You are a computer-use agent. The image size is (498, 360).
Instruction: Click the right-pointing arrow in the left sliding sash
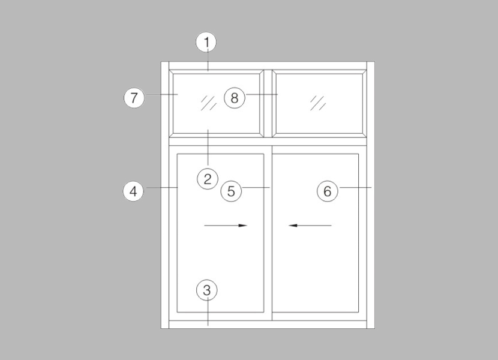(x=226, y=226)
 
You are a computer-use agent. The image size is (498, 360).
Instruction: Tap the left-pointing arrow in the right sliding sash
(x=310, y=226)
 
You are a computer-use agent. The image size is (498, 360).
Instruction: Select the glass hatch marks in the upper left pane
(x=209, y=103)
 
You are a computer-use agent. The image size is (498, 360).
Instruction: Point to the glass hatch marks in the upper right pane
(x=318, y=103)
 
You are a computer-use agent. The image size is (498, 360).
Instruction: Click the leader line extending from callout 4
(x=161, y=188)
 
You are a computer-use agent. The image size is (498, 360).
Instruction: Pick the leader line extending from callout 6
(x=355, y=188)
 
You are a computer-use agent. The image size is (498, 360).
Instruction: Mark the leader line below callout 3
(x=208, y=313)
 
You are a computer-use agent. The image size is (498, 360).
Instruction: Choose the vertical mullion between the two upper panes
(x=268, y=104)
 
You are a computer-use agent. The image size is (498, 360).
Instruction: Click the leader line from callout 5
(x=256, y=188)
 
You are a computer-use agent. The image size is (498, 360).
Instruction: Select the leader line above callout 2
(x=208, y=147)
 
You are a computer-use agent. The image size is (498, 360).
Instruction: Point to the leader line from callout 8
(x=262, y=94)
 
